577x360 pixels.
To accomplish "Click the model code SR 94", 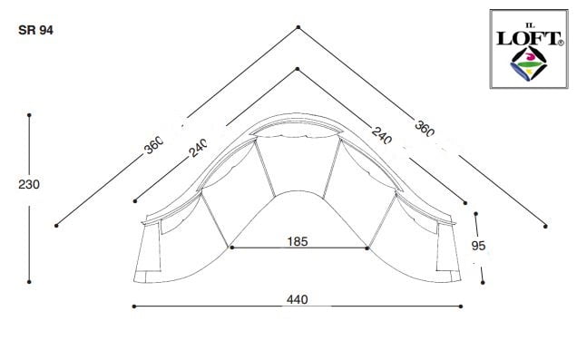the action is (35, 30).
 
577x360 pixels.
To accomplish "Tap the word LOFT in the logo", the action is (528, 39).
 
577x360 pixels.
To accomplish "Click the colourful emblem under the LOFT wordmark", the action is (529, 63).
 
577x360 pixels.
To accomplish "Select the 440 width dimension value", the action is (297, 299).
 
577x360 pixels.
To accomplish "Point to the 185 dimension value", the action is (298, 241).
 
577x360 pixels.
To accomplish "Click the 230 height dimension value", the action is (29, 184).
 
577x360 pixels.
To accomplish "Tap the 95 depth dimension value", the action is (478, 246).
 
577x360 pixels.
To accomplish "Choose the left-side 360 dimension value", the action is (153, 145).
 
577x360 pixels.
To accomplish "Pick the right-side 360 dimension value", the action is (425, 129).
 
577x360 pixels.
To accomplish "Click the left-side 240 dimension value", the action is (198, 148).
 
